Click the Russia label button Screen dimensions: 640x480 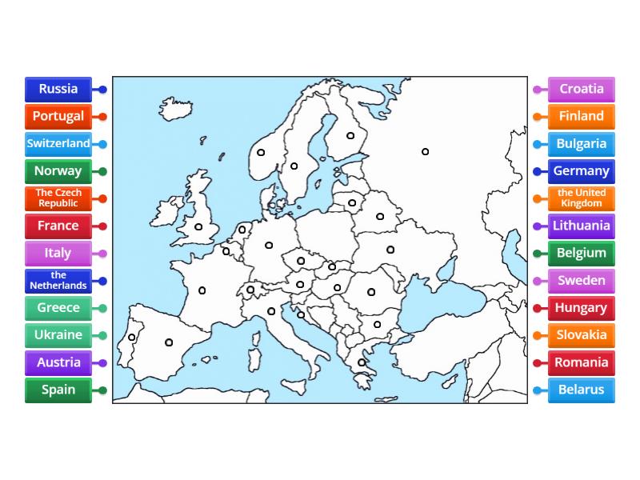pyautogui.click(x=58, y=89)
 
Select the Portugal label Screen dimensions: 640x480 pyautogui.click(x=58, y=116)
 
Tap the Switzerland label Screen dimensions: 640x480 pyautogui.click(x=58, y=144)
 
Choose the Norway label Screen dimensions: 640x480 pyautogui.click(x=58, y=171)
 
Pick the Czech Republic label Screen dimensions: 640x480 pyautogui.click(x=58, y=198)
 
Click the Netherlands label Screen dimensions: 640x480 pyautogui.click(x=58, y=281)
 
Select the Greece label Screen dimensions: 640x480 pyautogui.click(x=58, y=308)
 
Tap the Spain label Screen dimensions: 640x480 pyautogui.click(x=58, y=390)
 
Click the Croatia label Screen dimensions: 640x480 pyautogui.click(x=582, y=89)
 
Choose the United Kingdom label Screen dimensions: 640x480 pyautogui.click(x=582, y=198)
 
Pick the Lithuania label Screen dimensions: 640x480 pyautogui.click(x=582, y=226)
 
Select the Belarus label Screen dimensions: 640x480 pyautogui.click(x=582, y=390)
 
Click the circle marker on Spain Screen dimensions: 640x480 pyautogui.click(x=169, y=342)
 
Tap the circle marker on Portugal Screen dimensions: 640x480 pyautogui.click(x=132, y=338)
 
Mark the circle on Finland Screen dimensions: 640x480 pyautogui.click(x=350, y=136)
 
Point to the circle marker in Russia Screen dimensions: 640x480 pyautogui.click(x=426, y=152)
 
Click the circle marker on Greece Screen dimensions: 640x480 pyautogui.click(x=362, y=362)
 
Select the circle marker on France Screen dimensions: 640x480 pyautogui.click(x=202, y=290)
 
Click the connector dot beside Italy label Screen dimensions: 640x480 pyautogui.click(x=102, y=254)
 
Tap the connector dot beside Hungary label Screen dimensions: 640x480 pyautogui.click(x=537, y=308)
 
